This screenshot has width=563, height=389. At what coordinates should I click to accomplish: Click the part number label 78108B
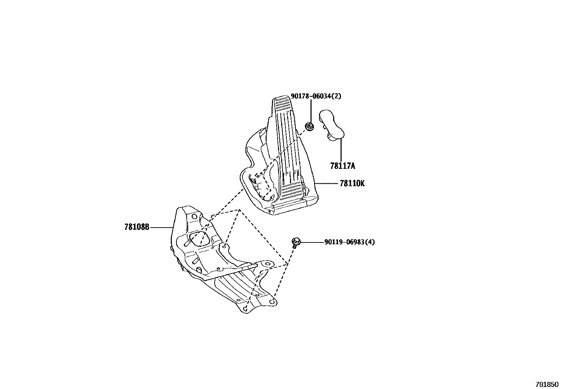coord(137,227)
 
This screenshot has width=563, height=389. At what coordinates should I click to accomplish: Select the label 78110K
coord(352,183)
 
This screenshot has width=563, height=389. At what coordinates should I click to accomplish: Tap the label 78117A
coord(342,166)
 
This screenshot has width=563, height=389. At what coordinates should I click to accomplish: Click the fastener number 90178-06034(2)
coord(316,96)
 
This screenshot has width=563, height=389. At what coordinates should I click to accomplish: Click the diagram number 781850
coord(547,384)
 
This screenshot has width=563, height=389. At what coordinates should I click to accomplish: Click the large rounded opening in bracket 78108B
coord(200,239)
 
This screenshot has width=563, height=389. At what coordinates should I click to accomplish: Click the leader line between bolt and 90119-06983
coord(312,242)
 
